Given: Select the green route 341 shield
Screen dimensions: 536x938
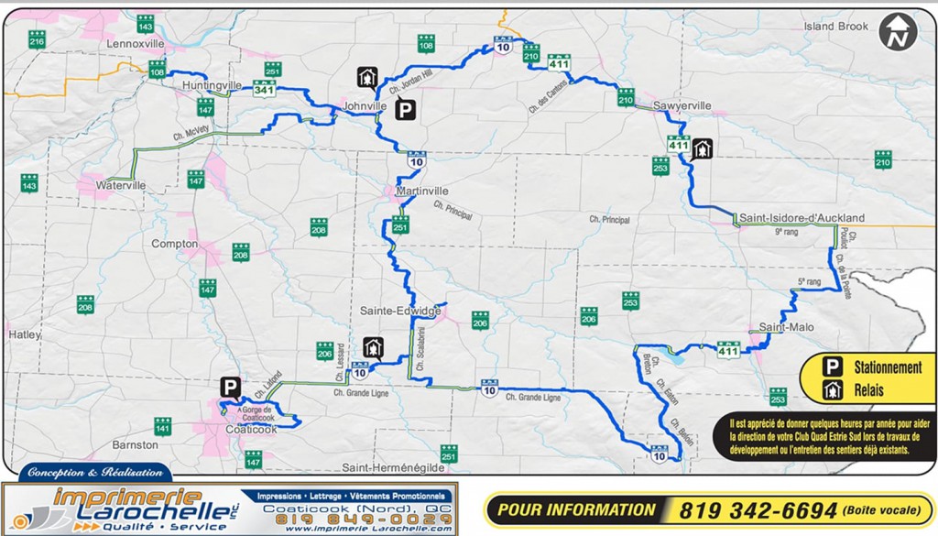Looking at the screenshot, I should tap(265, 89).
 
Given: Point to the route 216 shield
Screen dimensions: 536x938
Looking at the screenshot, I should tap(37, 40).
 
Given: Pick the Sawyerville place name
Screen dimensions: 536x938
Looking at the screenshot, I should tap(682, 106).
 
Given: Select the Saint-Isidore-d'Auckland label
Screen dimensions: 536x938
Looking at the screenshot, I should tap(802, 218).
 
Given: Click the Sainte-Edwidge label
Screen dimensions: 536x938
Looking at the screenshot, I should tap(400, 311).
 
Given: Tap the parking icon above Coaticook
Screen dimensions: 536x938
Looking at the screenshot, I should tap(230, 388).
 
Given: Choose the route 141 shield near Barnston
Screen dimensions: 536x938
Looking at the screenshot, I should tap(162, 426).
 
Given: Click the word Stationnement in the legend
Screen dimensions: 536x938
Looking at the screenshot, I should tap(888, 367).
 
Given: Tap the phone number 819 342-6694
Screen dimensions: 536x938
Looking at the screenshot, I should tap(758, 510).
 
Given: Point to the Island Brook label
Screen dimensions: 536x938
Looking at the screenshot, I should tap(835, 27).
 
